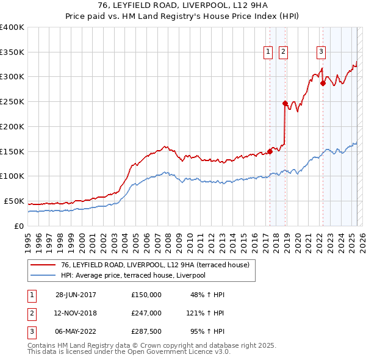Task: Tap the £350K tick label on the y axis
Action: (12, 52)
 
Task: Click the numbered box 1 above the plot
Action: (268, 52)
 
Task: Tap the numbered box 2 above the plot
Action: (284, 52)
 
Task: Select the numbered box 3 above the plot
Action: (321, 52)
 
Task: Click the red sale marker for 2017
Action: (270, 151)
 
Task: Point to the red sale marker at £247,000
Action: (285, 103)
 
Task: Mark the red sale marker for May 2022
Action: (322, 83)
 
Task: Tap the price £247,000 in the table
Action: (146, 313)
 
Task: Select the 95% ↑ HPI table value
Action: (207, 332)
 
